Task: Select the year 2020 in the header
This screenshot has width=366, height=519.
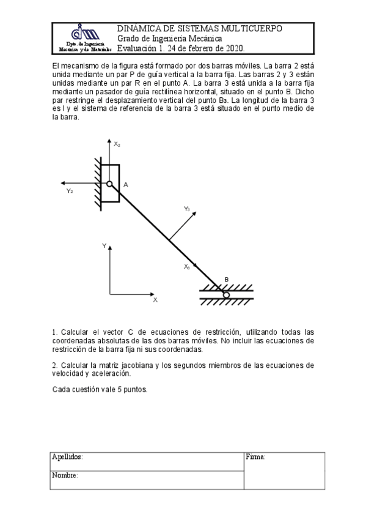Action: tap(234, 48)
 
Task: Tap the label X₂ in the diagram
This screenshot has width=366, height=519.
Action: tap(117, 144)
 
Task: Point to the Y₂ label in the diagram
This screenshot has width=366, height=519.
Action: tap(70, 191)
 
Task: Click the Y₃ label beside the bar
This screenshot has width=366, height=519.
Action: tap(187, 209)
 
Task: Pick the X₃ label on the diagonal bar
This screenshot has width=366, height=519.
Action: tap(187, 267)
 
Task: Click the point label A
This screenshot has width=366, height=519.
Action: tap(125, 184)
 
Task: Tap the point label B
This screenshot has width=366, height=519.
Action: tap(226, 280)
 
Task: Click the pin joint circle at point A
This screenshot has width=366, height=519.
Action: tap(109, 184)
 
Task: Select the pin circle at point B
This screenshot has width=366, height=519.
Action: tap(226, 296)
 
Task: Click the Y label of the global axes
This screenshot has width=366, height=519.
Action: tap(104, 245)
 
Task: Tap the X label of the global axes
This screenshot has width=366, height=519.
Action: tap(155, 300)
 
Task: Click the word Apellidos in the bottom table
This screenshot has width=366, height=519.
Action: tap(67, 457)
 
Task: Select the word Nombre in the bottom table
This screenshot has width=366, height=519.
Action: tap(65, 475)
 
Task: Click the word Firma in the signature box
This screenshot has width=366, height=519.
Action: tap(255, 457)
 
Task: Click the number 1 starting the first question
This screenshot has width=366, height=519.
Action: tap(54, 332)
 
